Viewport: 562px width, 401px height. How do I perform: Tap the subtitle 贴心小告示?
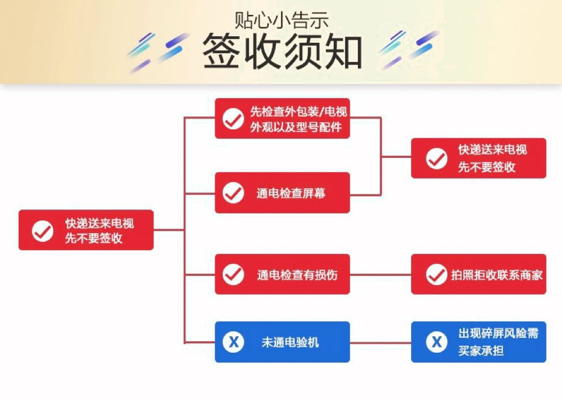[282, 20]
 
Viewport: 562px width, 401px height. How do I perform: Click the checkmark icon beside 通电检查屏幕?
[233, 193]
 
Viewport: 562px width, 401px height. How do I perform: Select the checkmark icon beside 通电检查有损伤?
[233, 274]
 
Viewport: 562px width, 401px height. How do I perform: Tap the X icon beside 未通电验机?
[233, 342]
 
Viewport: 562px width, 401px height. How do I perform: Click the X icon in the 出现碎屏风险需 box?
[436, 342]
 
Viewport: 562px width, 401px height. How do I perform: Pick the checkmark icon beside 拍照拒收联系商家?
[436, 274]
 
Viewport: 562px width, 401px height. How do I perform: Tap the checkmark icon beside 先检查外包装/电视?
[233, 118]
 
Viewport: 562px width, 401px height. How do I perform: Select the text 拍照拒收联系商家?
[497, 275]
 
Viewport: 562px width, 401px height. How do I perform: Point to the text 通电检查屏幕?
[290, 193]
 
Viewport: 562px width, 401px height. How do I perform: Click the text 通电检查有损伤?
[297, 275]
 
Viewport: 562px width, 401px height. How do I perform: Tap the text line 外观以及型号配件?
[296, 127]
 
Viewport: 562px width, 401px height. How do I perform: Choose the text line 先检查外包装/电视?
[299, 112]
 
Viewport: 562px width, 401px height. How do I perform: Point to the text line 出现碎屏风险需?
[498, 334]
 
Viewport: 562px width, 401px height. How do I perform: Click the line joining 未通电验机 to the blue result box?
[380, 343]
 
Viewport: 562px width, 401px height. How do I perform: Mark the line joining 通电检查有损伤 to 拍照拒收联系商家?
[380, 274]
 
